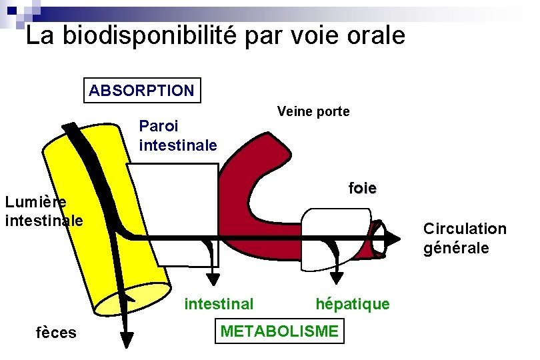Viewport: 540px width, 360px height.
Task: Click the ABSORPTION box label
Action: pos(141,91)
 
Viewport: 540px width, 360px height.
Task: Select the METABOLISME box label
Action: pos(279,331)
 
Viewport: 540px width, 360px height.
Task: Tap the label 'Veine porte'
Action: pos(313,111)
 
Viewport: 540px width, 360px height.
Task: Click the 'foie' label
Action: pos(362,188)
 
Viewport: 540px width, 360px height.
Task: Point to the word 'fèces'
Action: pos(56,332)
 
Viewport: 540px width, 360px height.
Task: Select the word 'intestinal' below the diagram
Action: pos(219,304)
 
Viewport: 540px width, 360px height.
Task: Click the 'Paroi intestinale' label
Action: pos(178,135)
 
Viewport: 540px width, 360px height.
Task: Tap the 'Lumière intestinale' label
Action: pos(43,211)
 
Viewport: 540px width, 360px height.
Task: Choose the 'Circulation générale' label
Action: pos(465,238)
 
